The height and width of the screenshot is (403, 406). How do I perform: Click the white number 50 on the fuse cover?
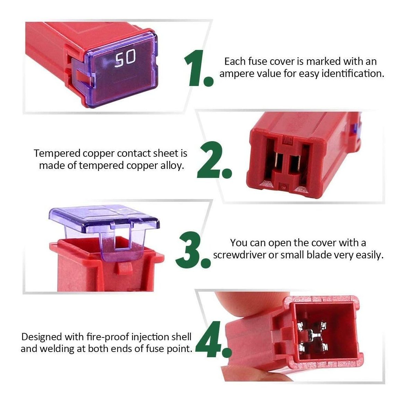click(x=125, y=59)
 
